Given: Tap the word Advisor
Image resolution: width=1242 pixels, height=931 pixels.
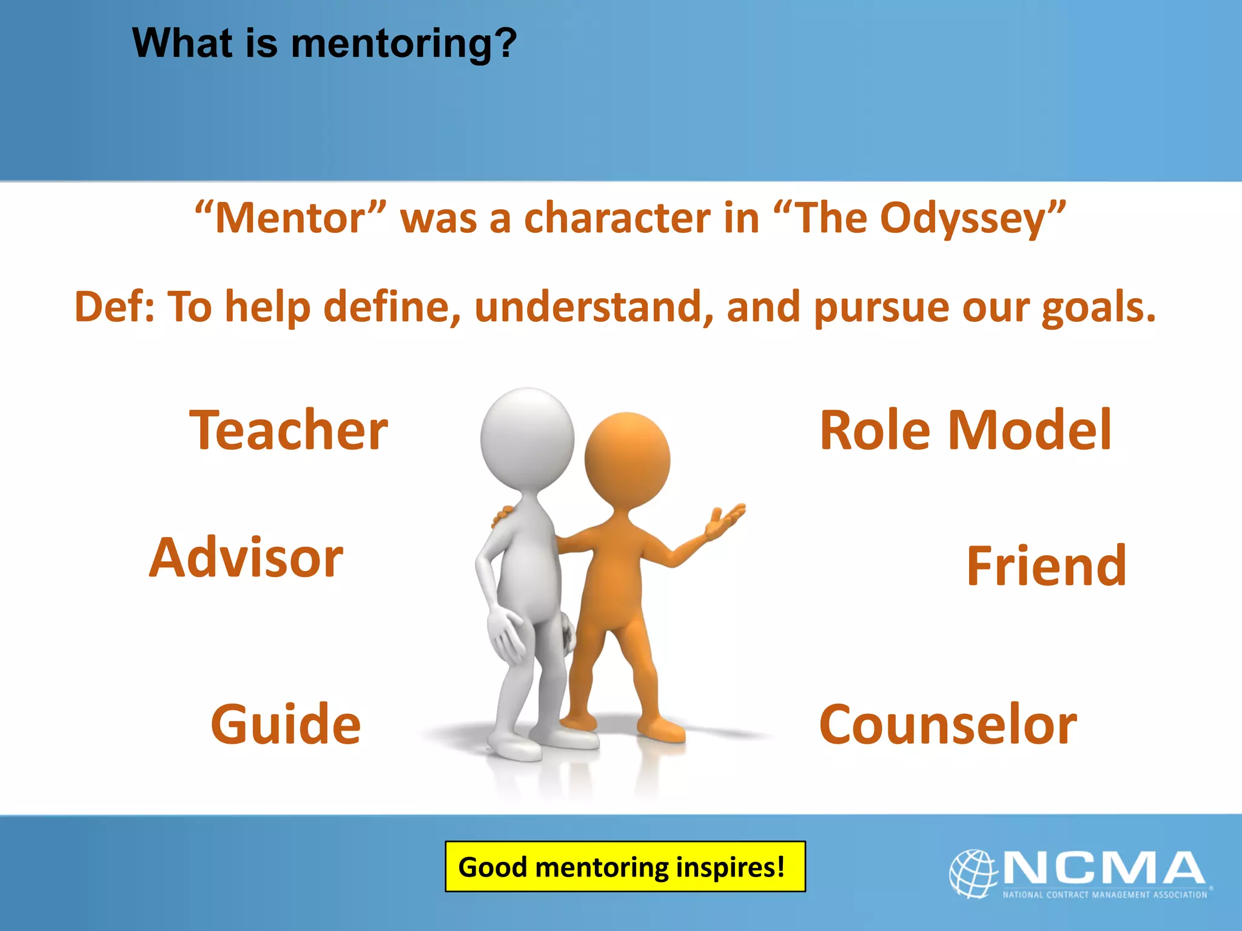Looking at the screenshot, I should click(x=246, y=558).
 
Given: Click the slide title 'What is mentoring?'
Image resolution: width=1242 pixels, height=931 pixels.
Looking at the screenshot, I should click(x=324, y=44).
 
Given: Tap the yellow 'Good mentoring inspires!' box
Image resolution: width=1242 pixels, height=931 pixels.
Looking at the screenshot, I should click(x=625, y=866).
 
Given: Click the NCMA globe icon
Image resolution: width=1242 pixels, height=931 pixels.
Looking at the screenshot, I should click(x=973, y=873).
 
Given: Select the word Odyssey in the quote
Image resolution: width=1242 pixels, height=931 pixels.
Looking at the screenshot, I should click(x=962, y=218).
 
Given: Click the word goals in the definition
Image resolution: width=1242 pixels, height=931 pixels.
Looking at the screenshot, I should click(x=1098, y=307).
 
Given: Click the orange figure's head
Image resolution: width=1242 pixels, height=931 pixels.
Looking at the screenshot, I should click(x=627, y=459).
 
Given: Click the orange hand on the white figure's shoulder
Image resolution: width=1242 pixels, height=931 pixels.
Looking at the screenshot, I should click(x=503, y=516).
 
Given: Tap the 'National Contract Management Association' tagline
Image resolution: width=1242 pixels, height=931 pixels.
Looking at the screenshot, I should click(x=1104, y=895).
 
